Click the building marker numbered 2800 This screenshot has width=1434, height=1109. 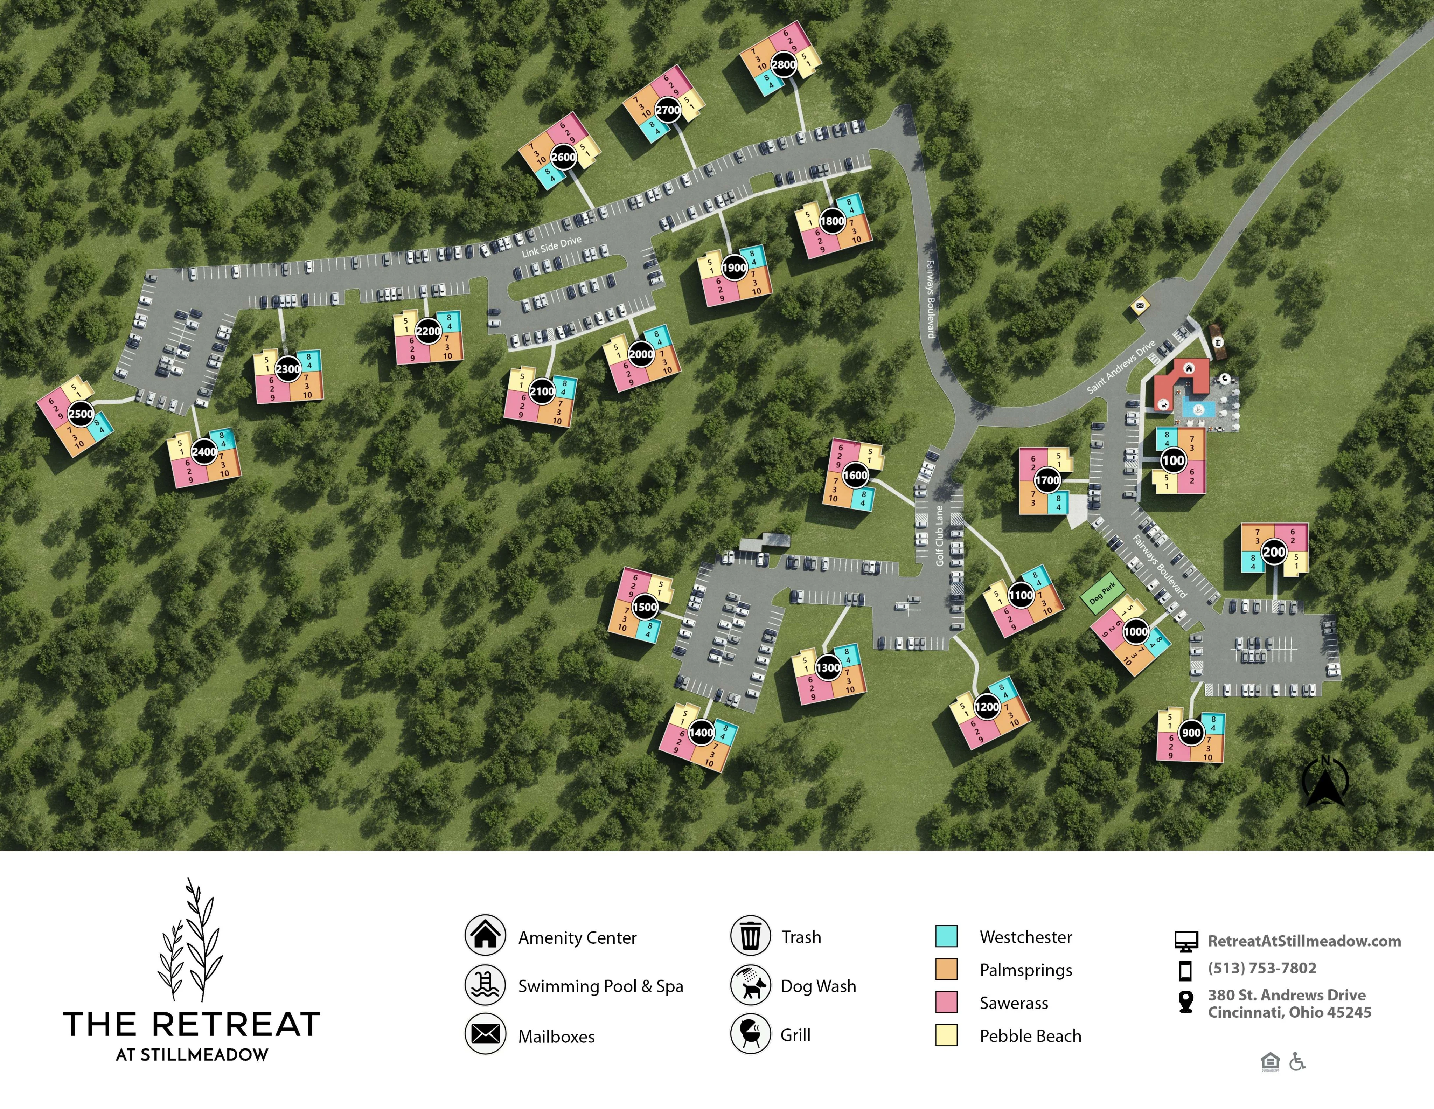783,64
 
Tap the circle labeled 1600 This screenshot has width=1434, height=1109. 855,476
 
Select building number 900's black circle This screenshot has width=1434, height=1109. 1191,733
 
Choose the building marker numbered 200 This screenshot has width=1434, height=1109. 1274,552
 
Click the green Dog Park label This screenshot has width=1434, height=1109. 1102,594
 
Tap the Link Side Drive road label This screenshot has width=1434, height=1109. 551,247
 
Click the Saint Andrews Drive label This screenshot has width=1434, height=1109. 1121,367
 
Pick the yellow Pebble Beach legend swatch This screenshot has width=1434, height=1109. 946,1035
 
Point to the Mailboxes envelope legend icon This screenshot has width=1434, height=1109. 485,1035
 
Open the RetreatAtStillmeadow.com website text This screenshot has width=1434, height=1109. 1304,941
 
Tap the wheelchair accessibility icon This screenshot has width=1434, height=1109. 1297,1062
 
